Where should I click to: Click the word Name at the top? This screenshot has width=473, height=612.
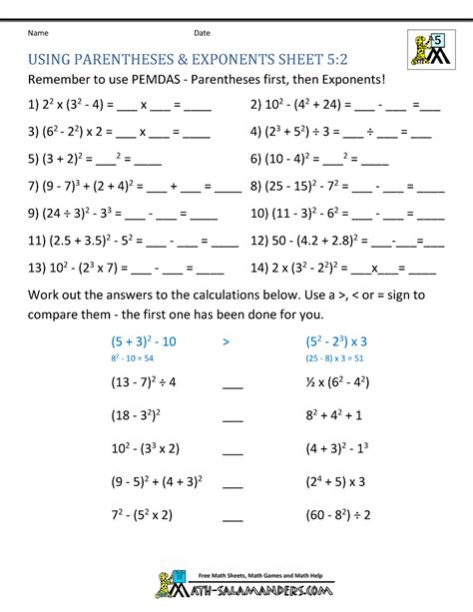pyautogui.click(x=38, y=33)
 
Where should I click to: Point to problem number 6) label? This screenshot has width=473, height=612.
pyautogui.click(x=258, y=158)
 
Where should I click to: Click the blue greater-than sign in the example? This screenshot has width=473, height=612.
pyautogui.click(x=228, y=340)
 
